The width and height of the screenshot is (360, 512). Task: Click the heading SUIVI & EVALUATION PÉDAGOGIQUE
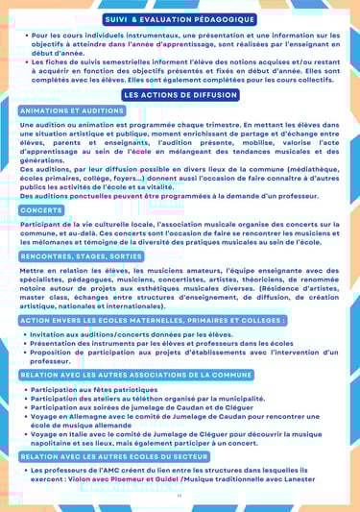tap(180, 19)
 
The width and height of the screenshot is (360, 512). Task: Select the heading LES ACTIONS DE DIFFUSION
tap(180, 95)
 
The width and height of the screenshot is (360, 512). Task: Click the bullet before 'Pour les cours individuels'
tap(23, 35)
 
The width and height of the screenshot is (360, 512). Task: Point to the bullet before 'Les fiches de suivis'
tap(23, 61)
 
